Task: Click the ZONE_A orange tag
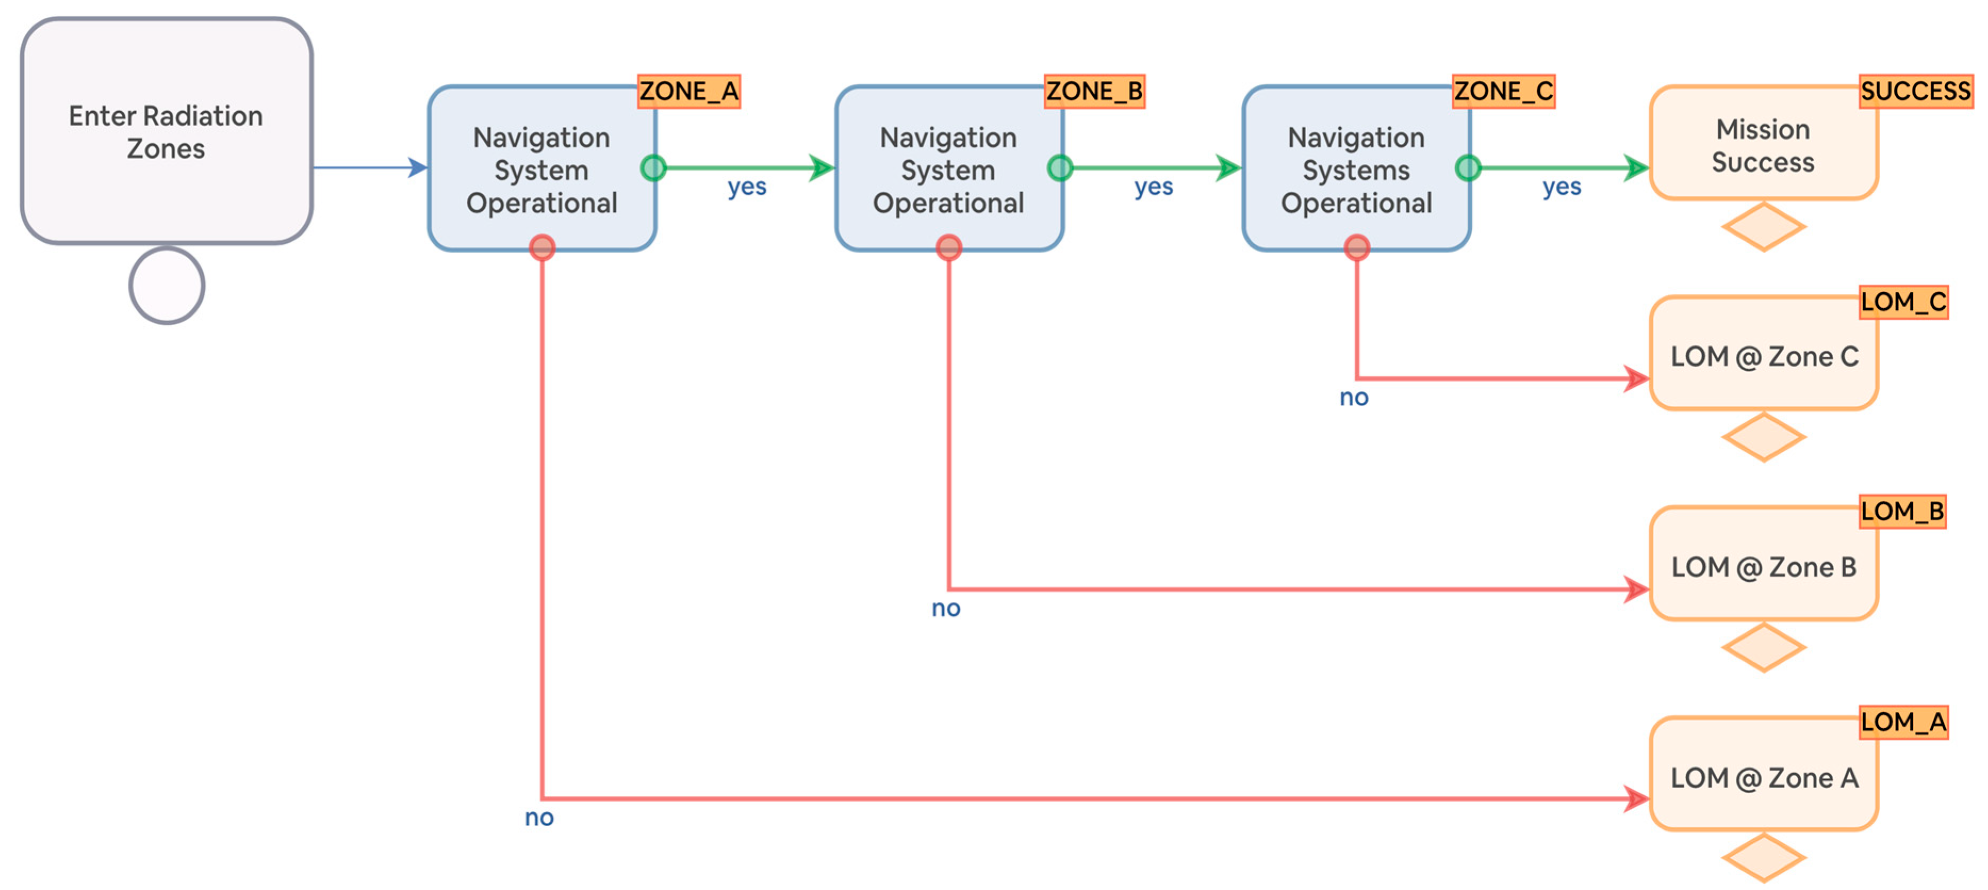688,91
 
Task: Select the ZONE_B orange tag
1094,91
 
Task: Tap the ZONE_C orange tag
1503,91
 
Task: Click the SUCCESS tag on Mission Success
1915,91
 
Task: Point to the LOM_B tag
1902,511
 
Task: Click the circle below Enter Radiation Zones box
167,285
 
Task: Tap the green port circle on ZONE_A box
653,168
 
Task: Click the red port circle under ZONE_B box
948,247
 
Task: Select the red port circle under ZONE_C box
1356,247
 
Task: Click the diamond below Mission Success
1763,226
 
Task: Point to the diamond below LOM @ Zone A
1763,857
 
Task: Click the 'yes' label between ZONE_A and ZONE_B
746,187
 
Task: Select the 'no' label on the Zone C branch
1354,398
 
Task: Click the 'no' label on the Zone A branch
539,818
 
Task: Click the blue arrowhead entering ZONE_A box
417,168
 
